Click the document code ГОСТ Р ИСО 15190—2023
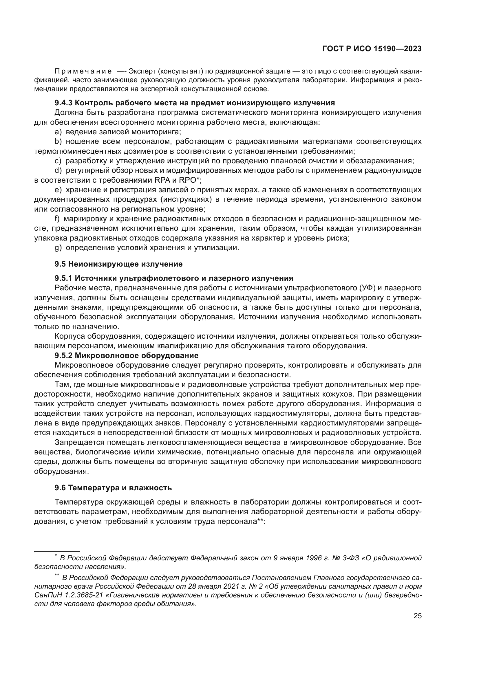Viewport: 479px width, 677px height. point(372,49)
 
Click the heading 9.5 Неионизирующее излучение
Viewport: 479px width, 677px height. point(118,264)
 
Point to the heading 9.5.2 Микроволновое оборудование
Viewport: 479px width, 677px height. point(127,355)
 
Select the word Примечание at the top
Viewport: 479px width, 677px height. point(83,71)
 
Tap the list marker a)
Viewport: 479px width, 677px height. point(58,132)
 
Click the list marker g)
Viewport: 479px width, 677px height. point(58,248)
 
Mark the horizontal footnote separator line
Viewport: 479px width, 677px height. point(57,551)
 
